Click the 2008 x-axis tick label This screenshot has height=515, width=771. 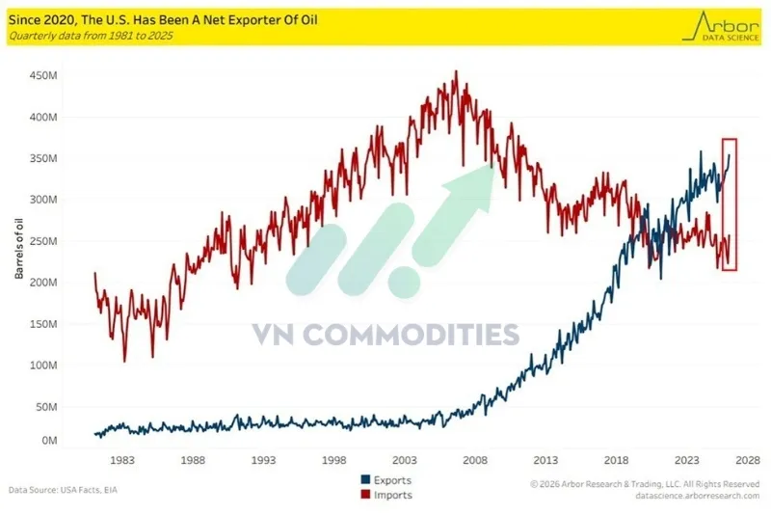pos(475,460)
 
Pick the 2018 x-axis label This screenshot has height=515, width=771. pos(616,460)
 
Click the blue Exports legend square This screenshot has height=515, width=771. pos(366,479)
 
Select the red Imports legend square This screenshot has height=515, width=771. pos(366,495)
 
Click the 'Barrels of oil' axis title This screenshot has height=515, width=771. pos(18,249)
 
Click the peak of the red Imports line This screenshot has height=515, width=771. pos(456,71)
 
